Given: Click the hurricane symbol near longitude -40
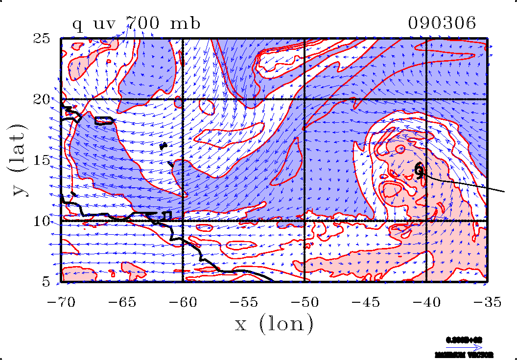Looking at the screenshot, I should click(420, 170).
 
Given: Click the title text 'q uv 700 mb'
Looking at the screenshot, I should click(136, 23).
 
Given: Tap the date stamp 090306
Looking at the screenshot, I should click(442, 23).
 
